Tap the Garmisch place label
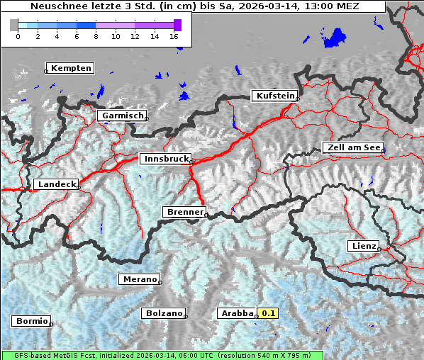tap(123, 116)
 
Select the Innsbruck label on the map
tap(165, 159)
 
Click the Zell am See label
tap(352, 147)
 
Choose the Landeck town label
tap(56, 184)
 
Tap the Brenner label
tap(184, 212)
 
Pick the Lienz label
tap(363, 246)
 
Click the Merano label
tap(138, 279)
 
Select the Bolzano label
tap(164, 313)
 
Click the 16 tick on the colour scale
tap(174, 36)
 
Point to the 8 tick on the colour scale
tap(96, 36)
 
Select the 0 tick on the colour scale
tap(18, 36)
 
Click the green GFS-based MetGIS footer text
tap(162, 355)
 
